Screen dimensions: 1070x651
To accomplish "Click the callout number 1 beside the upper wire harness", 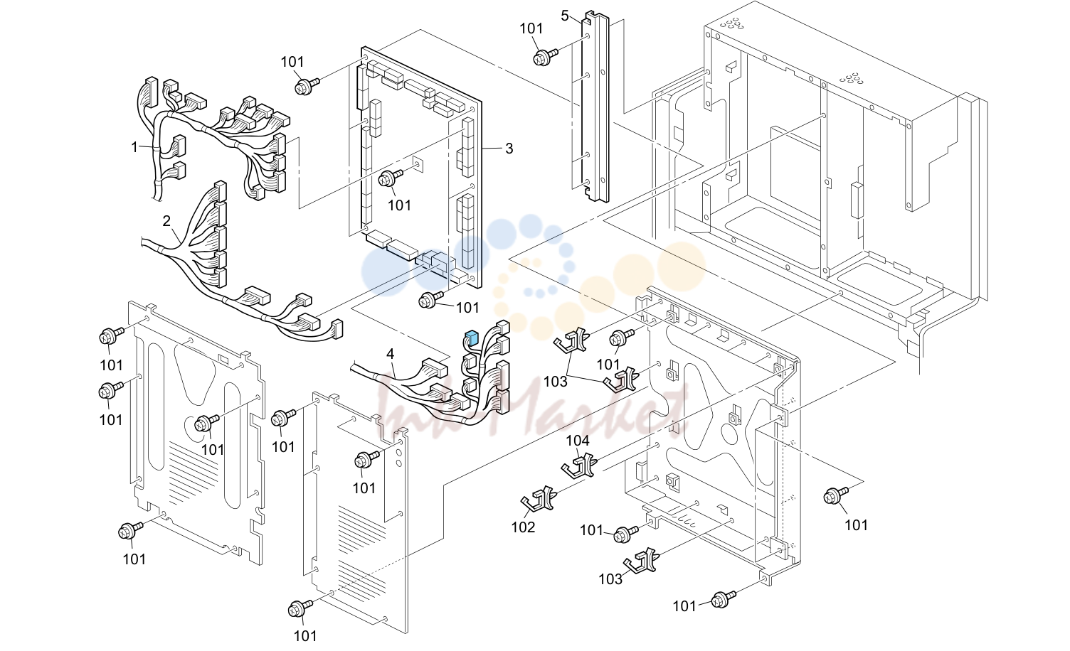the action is (x=134, y=148).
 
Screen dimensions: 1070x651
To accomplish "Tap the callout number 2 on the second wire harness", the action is (x=166, y=221).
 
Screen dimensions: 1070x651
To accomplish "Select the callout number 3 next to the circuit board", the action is (x=509, y=149).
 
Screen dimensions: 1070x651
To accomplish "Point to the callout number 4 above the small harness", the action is (x=391, y=354).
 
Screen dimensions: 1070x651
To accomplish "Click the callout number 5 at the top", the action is (x=565, y=16).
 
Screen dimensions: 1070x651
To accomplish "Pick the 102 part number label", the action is (x=523, y=527).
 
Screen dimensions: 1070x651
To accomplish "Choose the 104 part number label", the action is (x=578, y=441).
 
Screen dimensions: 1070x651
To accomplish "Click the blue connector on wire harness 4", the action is (x=472, y=338).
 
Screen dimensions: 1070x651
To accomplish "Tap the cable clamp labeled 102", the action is (x=539, y=499).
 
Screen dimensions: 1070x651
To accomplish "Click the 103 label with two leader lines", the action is (x=556, y=382).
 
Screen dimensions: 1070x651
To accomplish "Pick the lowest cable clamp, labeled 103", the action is (x=642, y=560).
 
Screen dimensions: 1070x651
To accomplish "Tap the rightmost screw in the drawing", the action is (x=835, y=495).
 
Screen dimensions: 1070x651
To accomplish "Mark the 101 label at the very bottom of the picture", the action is (x=305, y=636).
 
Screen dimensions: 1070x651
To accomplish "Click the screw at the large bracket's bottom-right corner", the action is (x=724, y=599).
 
